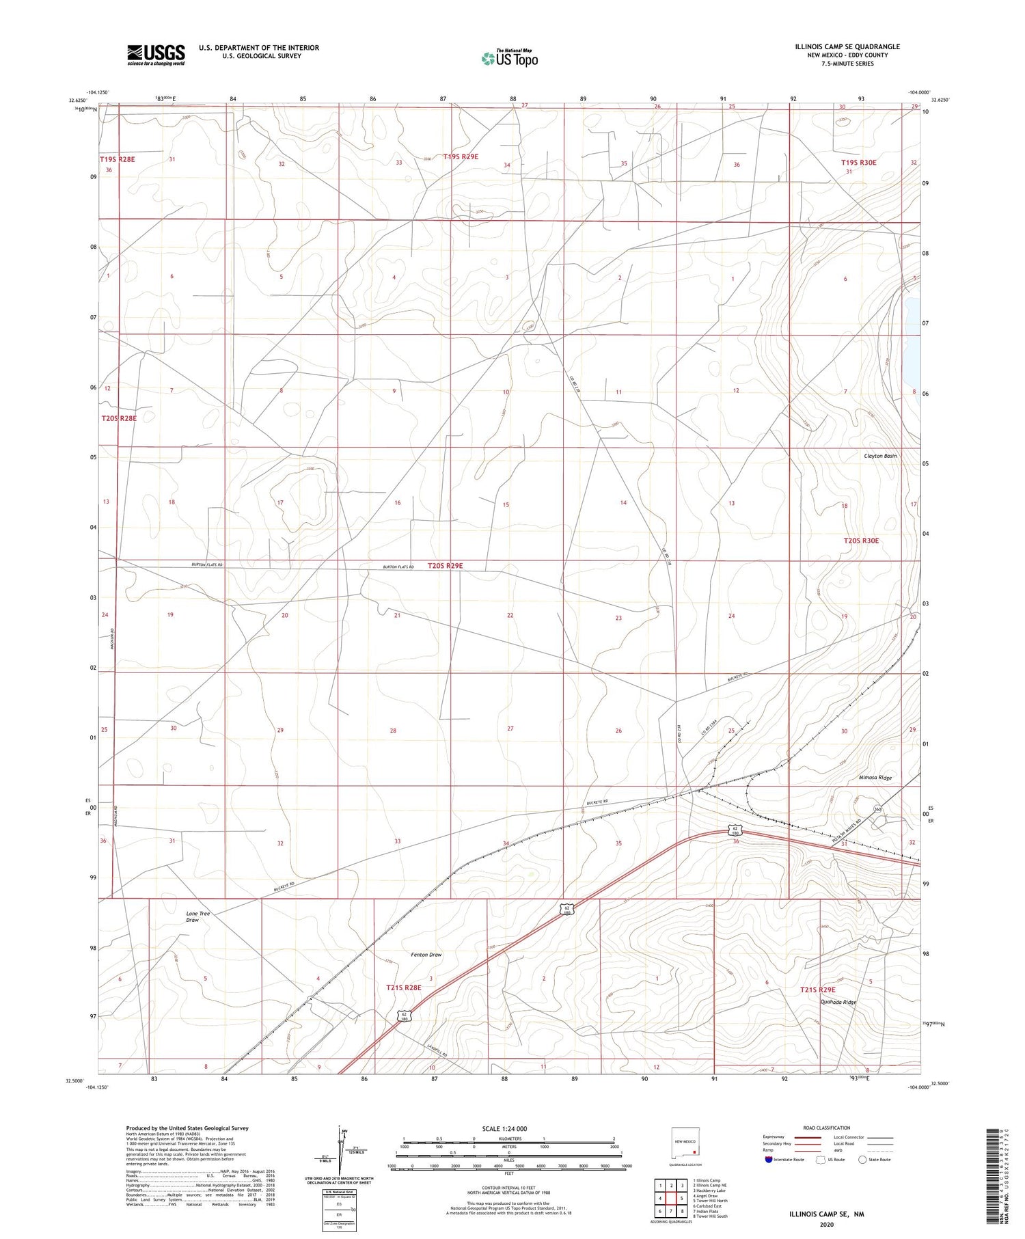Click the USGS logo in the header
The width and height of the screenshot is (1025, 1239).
click(156, 55)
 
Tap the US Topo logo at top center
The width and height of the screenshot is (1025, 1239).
click(509, 59)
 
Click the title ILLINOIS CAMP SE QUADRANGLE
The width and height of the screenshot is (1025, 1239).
click(847, 46)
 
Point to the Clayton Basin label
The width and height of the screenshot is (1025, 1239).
click(880, 455)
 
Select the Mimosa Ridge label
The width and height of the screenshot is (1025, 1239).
click(875, 778)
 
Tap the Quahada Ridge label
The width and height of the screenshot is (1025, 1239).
click(838, 1002)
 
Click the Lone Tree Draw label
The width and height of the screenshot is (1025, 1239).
click(198, 916)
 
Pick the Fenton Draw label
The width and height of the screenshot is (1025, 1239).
click(426, 955)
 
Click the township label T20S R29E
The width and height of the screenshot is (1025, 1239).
click(446, 565)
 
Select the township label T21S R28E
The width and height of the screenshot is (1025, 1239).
click(404, 988)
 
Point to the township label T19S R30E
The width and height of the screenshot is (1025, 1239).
click(858, 163)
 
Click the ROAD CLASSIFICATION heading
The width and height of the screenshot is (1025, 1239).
click(827, 1128)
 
